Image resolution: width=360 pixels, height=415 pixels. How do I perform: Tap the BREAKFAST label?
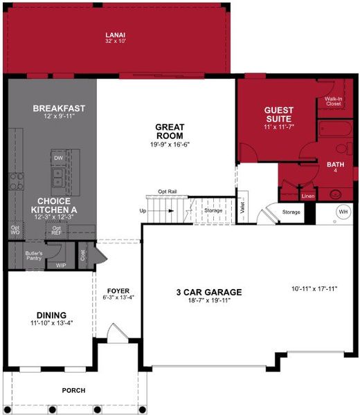coord(59,109)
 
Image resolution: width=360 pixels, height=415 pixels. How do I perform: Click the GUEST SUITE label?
coord(279,115)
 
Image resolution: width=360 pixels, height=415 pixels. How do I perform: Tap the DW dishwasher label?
coord(59,158)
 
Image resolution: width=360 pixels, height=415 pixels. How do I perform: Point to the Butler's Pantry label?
coord(35,255)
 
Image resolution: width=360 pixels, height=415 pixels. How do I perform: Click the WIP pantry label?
coord(60,264)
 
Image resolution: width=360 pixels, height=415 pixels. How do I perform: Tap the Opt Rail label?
coord(168,192)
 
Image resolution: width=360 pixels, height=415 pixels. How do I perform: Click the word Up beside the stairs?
coord(143,210)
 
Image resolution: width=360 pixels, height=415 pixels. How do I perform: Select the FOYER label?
coord(118,290)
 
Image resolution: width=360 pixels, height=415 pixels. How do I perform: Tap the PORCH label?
coord(73,391)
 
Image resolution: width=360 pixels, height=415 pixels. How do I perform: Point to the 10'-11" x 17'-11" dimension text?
coord(314,288)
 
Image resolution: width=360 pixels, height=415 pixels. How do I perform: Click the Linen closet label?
coord(307,196)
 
